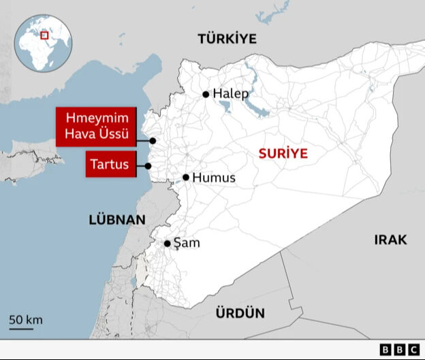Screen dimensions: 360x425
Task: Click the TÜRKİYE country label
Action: tap(227, 39)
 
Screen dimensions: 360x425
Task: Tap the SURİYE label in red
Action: tap(283, 154)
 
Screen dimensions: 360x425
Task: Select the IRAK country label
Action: tap(390, 240)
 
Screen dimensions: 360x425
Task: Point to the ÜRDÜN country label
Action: tap(240, 313)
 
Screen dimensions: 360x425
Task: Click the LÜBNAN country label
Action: tap(117, 220)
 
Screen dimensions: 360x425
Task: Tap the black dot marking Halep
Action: tap(206, 95)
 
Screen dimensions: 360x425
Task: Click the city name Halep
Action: tap(231, 94)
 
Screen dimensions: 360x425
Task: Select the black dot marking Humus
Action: tap(185, 178)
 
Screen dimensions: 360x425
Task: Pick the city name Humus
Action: tap(214, 178)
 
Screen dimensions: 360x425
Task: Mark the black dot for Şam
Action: tap(167, 243)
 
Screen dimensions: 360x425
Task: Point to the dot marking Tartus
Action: tap(148, 165)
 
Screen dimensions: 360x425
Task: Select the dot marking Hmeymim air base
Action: tap(153, 141)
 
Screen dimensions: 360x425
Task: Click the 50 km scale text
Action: tap(26, 319)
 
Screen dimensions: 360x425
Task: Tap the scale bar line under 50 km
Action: tap(21, 329)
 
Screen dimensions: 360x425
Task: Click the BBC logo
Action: tap(400, 350)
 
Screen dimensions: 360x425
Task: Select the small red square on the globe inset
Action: tap(45, 35)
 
